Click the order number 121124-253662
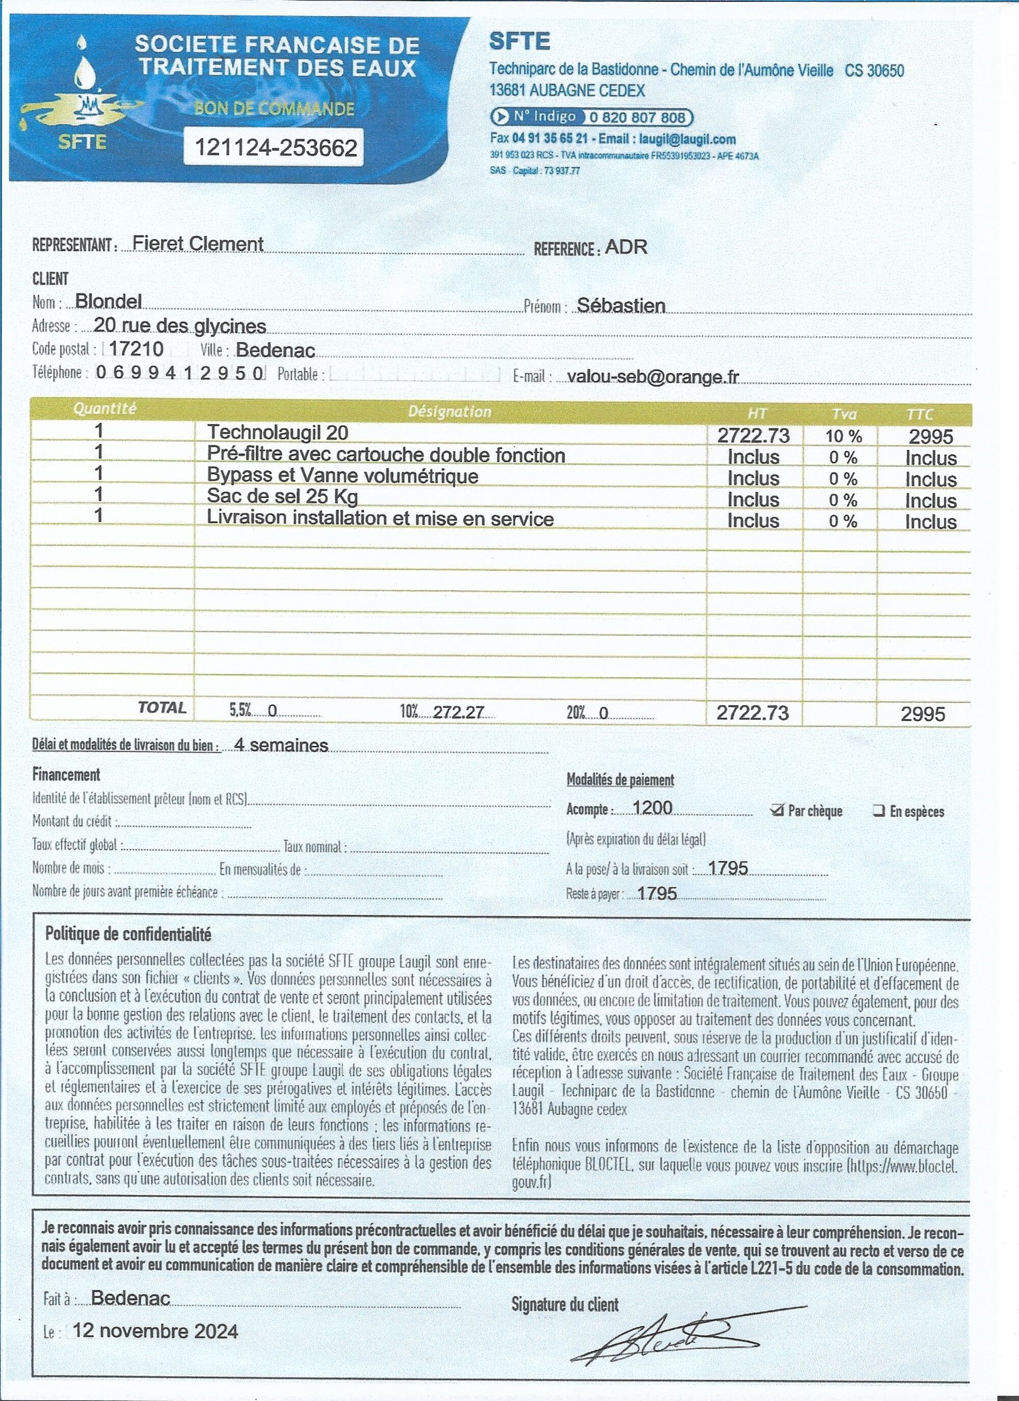pos(276,148)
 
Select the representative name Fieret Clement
pos(198,244)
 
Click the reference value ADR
pos(626,248)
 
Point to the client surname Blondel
pos(108,301)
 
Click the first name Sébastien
pos(621,305)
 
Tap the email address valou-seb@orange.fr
pos(653,376)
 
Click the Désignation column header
pos(449,412)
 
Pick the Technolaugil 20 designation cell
pos(278,432)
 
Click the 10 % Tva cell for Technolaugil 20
pos(843,436)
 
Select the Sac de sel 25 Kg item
pos(282,496)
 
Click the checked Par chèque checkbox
pos(777,810)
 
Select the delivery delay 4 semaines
pos(281,745)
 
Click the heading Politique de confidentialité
pos(128,934)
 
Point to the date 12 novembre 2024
pos(155,1331)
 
